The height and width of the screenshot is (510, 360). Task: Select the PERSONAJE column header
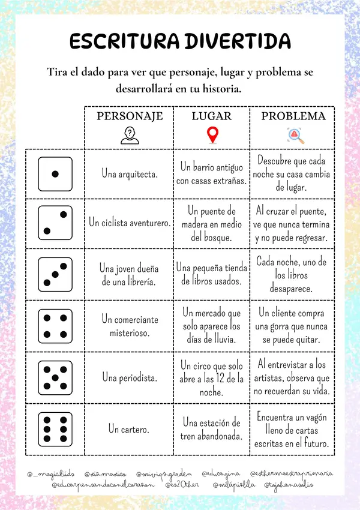(x=130, y=116)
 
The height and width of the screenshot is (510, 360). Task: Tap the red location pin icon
(x=212, y=136)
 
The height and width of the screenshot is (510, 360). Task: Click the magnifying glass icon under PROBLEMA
(x=294, y=136)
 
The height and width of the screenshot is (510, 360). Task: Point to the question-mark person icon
(x=129, y=136)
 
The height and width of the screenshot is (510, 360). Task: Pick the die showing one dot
(x=55, y=174)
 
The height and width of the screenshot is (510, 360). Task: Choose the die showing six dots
(x=55, y=430)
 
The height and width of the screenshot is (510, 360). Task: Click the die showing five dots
(x=55, y=378)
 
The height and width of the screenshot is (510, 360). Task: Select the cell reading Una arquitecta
(x=130, y=174)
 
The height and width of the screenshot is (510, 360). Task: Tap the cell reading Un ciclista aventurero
(x=130, y=223)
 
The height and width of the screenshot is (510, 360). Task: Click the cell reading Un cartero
(x=130, y=430)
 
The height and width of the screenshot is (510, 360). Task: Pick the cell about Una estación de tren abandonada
(x=212, y=430)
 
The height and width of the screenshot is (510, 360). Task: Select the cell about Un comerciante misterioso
(x=130, y=326)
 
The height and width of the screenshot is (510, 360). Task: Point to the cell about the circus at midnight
(x=212, y=378)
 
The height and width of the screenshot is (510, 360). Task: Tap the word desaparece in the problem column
(x=292, y=289)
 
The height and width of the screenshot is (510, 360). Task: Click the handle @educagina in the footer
(x=221, y=474)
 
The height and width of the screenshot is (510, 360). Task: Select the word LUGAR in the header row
(x=212, y=116)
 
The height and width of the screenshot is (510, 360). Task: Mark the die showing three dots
(x=55, y=274)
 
